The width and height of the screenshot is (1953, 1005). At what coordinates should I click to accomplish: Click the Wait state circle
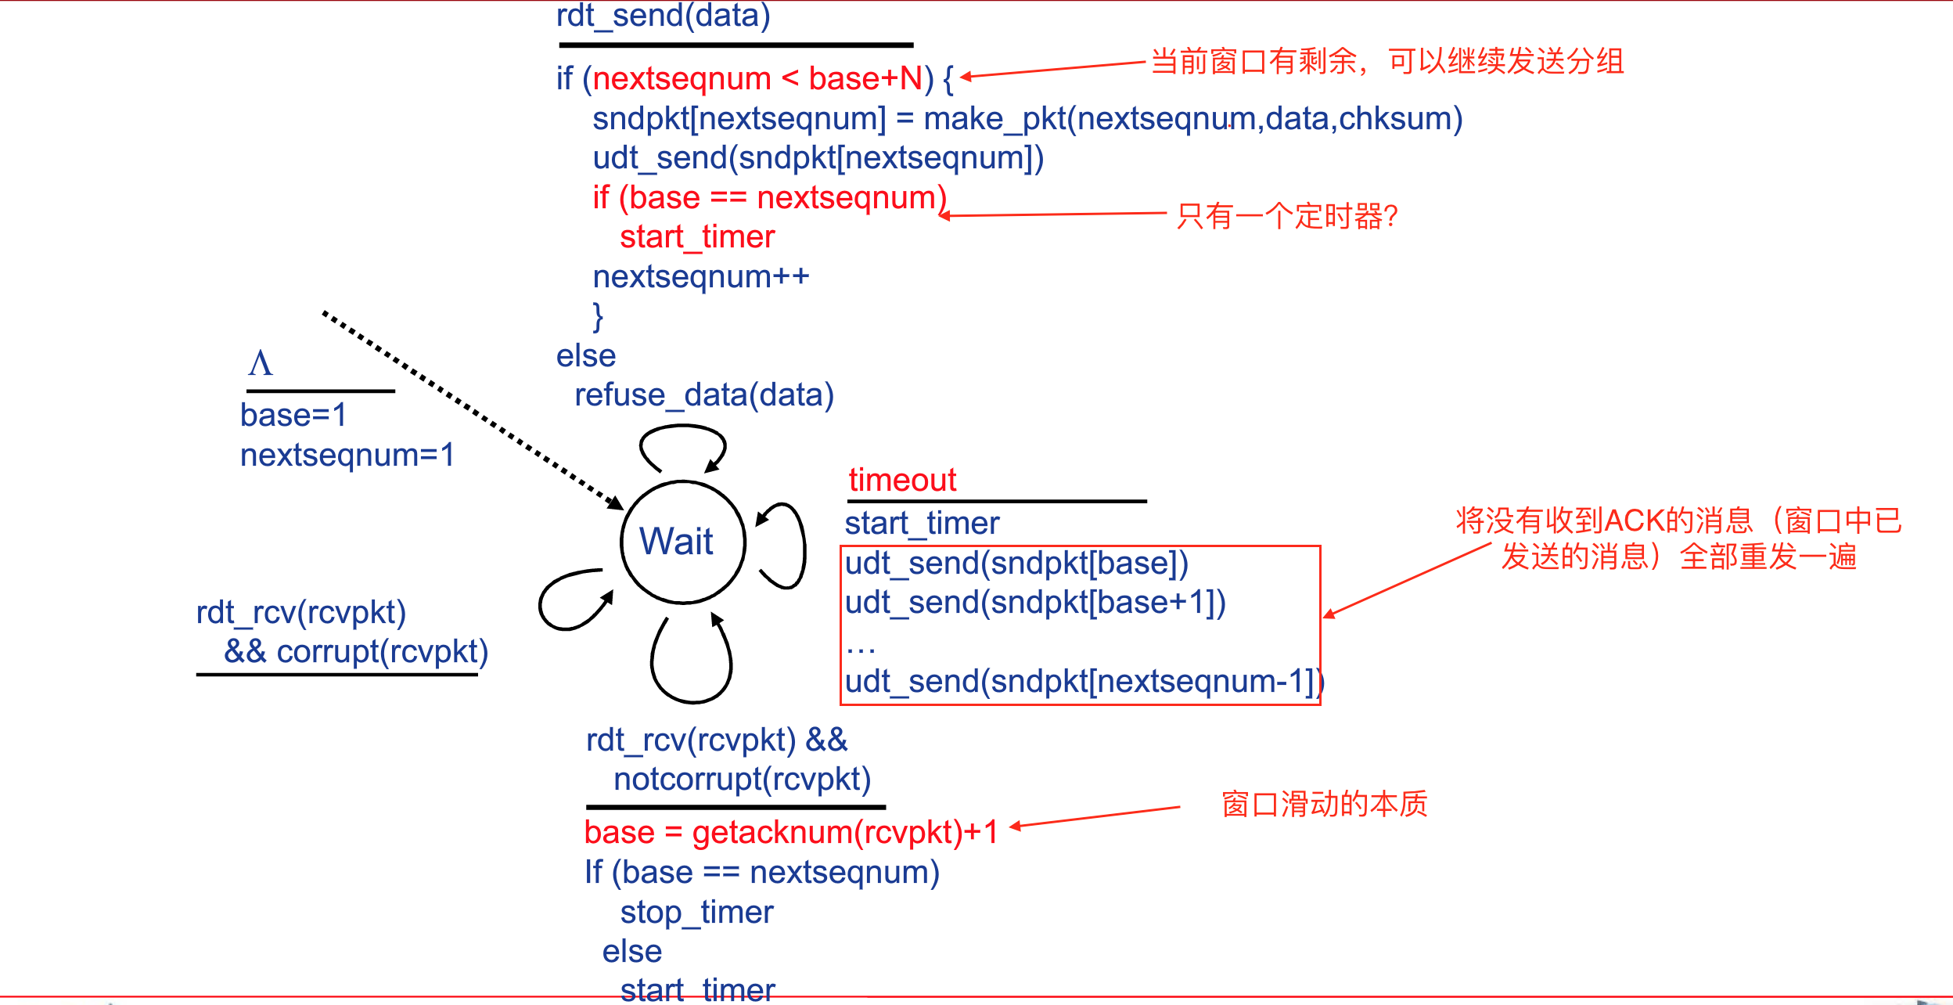tap(682, 542)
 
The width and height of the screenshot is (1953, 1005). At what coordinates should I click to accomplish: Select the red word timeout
tap(902, 480)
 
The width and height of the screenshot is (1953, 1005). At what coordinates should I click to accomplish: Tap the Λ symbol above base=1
tap(261, 363)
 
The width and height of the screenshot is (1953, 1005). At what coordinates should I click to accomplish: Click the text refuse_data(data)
tap(704, 395)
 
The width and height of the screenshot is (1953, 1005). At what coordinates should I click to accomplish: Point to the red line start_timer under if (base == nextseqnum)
tap(696, 237)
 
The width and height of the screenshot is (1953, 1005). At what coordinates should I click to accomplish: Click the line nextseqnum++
tap(700, 277)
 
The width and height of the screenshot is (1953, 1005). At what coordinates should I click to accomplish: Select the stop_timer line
tap(696, 913)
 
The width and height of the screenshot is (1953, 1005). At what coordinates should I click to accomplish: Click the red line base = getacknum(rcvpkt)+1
tap(790, 833)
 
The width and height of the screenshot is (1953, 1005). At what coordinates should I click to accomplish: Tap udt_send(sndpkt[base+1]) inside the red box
tap(1034, 603)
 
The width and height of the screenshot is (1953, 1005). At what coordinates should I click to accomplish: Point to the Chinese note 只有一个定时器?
tap(1286, 217)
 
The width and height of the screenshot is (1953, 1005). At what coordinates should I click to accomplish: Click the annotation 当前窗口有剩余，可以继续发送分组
tap(1387, 61)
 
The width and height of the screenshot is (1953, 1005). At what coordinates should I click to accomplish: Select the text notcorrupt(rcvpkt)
tap(742, 780)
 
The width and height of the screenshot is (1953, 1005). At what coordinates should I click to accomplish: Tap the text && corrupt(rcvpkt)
tap(356, 652)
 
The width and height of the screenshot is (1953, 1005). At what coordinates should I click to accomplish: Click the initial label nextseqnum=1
tap(347, 456)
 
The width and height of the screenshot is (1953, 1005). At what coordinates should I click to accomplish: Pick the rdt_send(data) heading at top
tap(663, 16)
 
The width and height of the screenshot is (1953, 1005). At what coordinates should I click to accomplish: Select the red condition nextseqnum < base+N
tap(757, 79)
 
